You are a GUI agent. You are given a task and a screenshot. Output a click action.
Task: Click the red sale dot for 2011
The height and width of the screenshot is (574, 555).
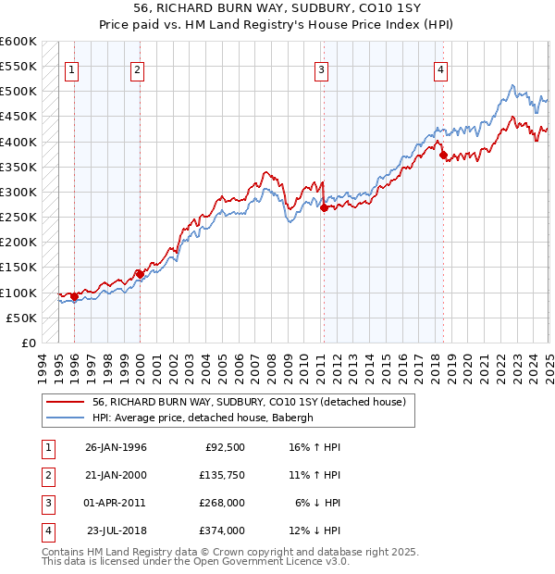pyautogui.click(x=324, y=208)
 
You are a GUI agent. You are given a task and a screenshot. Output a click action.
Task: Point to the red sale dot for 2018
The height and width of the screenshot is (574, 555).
pyautogui.click(x=443, y=156)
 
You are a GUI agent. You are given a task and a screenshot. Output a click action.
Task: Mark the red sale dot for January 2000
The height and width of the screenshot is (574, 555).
pyautogui.click(x=140, y=274)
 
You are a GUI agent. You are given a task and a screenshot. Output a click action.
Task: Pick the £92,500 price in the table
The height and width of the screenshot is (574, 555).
pyautogui.click(x=223, y=447)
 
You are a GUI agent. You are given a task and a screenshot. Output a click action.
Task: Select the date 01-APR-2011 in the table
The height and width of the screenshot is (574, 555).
pyautogui.click(x=115, y=503)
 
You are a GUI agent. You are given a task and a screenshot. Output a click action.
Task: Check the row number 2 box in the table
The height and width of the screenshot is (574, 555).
pyautogui.click(x=44, y=475)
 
